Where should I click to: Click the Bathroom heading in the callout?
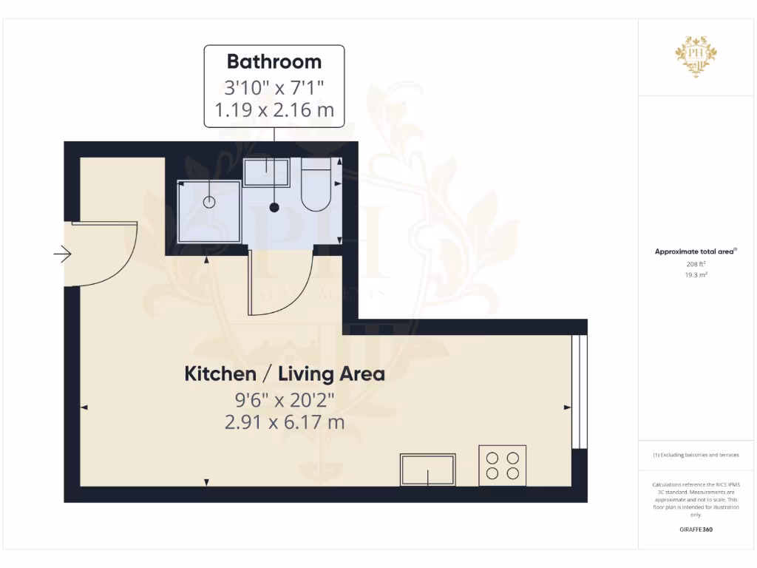pos(274,61)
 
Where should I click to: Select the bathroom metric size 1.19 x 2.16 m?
pos(274,111)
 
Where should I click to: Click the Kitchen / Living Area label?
pos(285,374)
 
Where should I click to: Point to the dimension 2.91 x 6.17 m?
pos(285,422)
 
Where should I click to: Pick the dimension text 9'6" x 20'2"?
pos(285,400)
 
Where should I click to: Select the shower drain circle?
pos(209,201)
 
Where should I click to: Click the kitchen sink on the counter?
pos(428,469)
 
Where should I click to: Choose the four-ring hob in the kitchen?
pos(503,464)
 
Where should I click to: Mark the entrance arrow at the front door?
pos(63,255)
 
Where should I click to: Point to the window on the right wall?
pos(580,391)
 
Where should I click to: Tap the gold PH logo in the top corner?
pos(696,55)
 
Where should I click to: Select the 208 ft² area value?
pos(696,263)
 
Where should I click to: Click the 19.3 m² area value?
pos(696,274)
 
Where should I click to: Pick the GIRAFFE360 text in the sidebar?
pos(696,530)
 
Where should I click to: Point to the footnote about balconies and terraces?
pos(696,455)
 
